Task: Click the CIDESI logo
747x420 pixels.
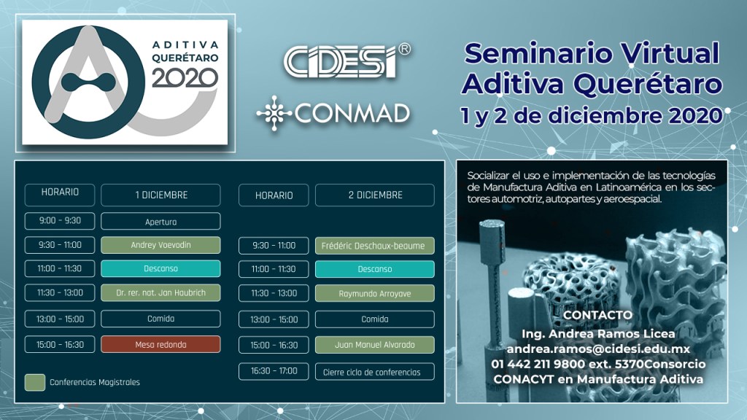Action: (347, 61)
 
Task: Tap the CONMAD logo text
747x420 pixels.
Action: (352, 113)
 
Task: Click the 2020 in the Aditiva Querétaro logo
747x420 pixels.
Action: (185, 77)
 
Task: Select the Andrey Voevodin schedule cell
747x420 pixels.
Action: (160, 245)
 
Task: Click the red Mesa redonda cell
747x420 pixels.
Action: (160, 344)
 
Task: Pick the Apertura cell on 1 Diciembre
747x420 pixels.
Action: (160, 222)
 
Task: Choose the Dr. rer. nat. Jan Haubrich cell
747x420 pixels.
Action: (160, 293)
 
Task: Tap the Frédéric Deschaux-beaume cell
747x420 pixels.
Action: (374, 246)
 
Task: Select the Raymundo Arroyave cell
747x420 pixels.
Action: (374, 293)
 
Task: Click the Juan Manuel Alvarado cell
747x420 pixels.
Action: (374, 345)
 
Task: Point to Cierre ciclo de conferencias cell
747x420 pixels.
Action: (374, 372)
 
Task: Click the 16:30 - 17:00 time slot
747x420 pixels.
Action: (274, 371)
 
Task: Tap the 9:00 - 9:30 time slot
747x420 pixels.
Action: (60, 221)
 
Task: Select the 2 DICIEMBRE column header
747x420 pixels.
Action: (374, 195)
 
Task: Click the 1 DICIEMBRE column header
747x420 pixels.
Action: (160, 195)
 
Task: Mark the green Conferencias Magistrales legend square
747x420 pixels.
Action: (35, 382)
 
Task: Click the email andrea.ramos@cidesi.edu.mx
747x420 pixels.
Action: (598, 349)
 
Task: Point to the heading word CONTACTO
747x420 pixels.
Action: (597, 315)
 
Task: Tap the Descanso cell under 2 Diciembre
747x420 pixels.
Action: (374, 269)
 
